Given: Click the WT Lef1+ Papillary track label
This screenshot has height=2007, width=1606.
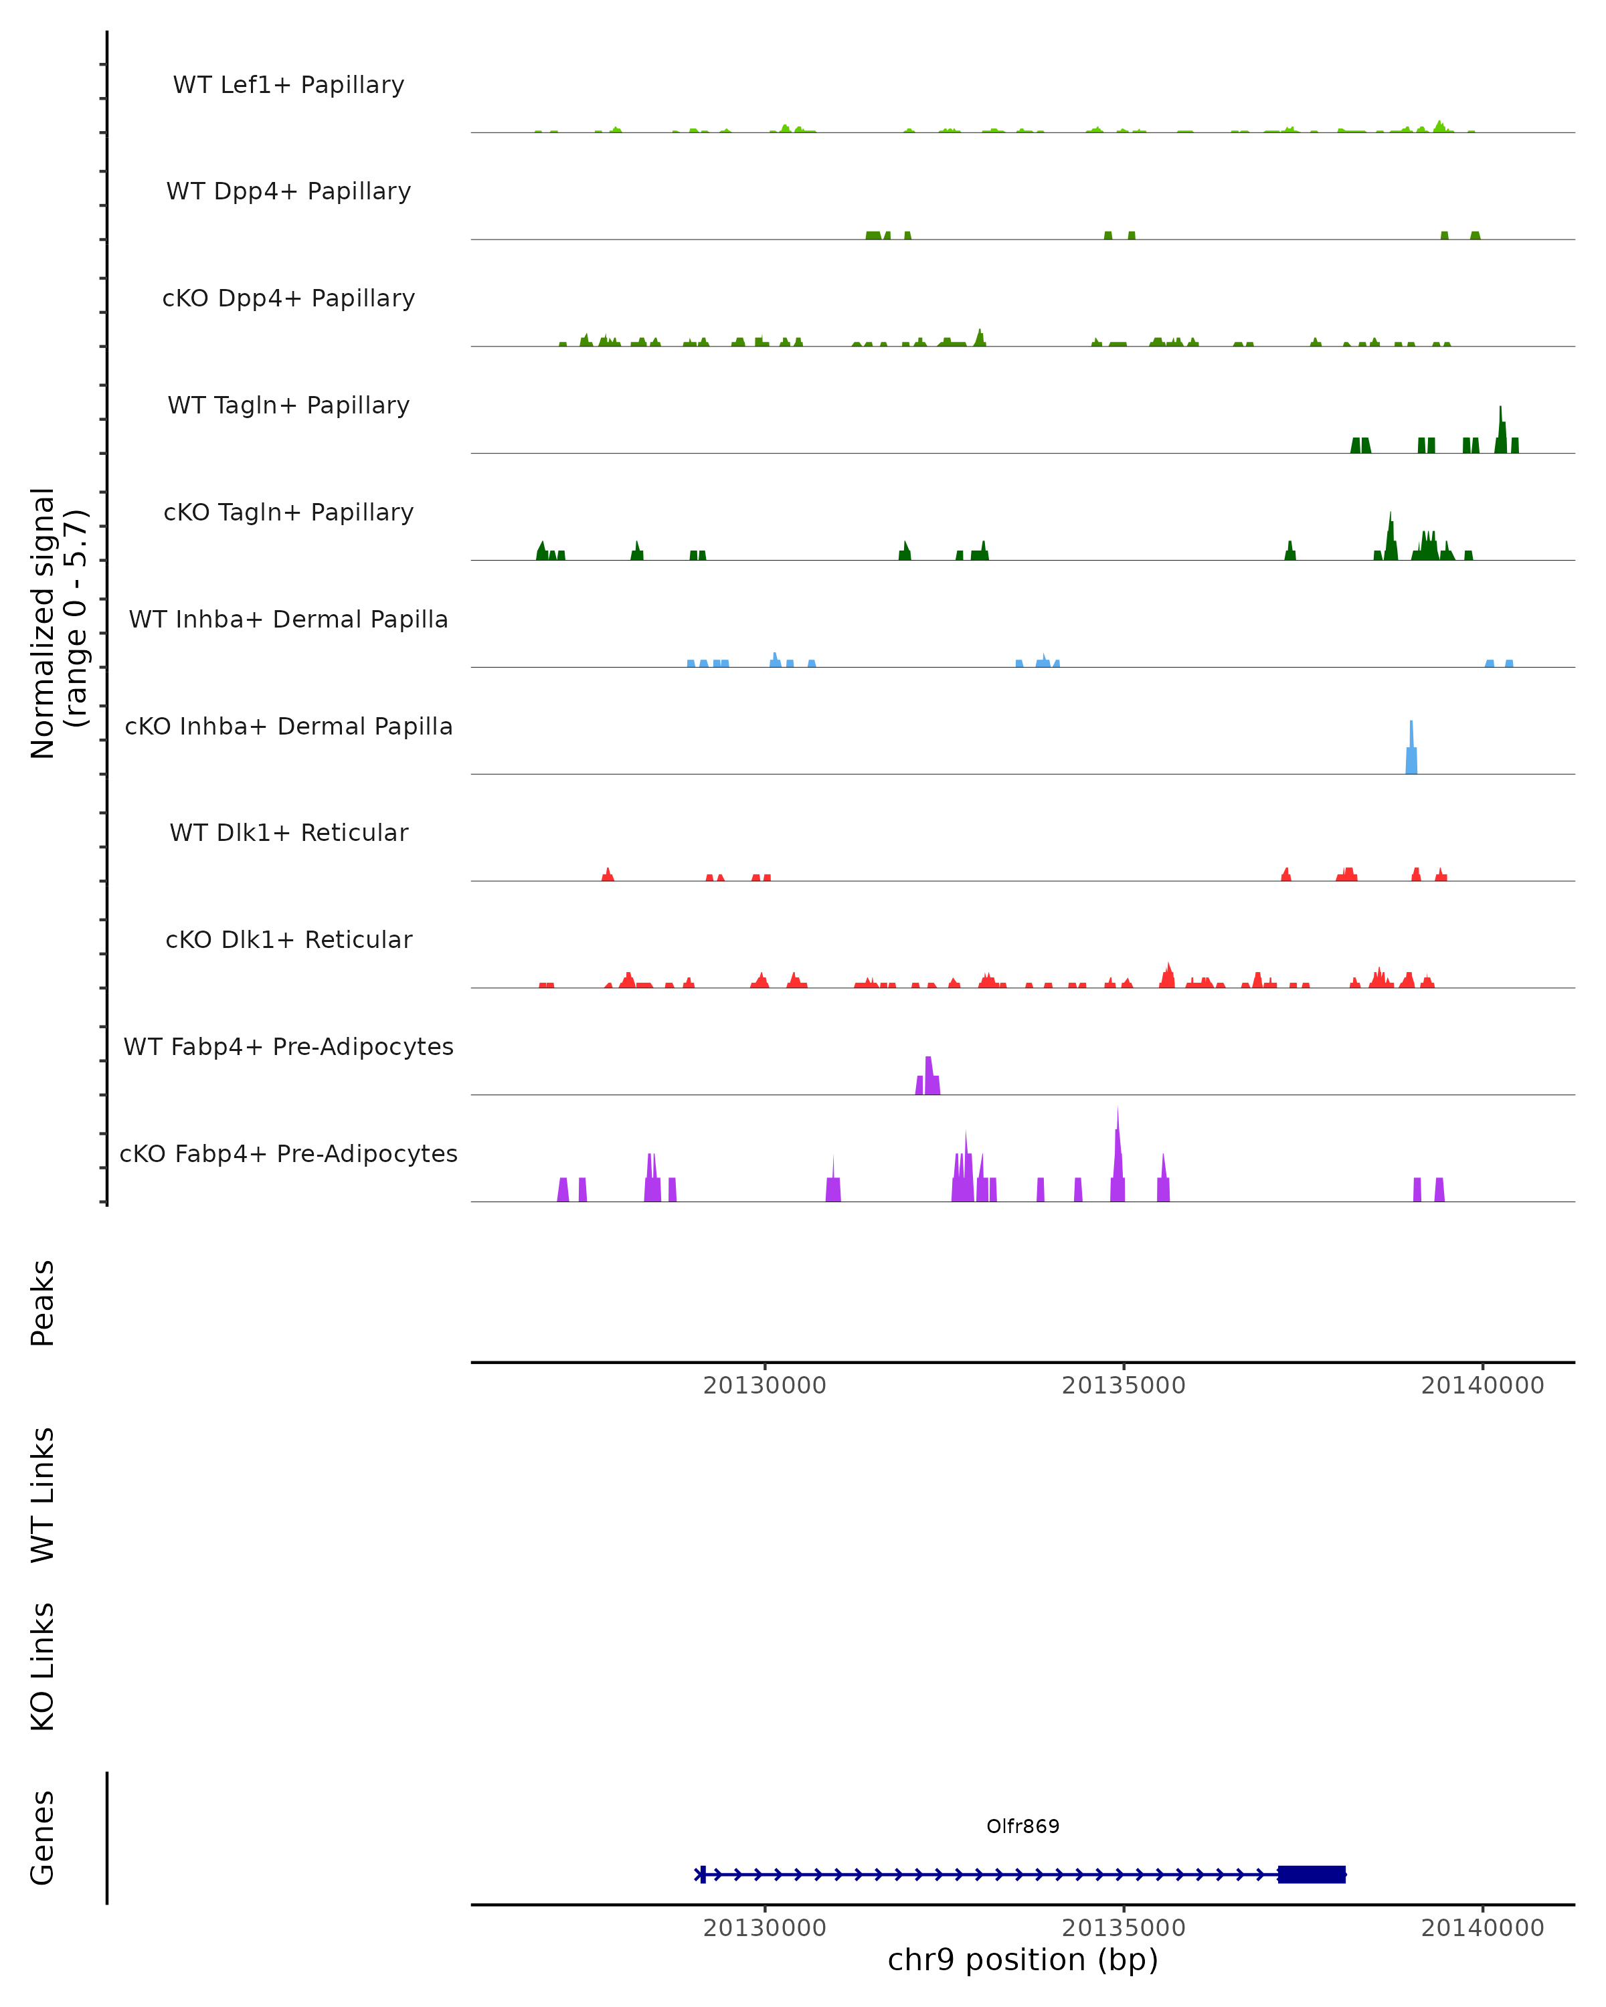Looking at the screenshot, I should point(288,85).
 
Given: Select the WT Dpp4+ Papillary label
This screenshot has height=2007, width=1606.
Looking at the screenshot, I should point(288,192).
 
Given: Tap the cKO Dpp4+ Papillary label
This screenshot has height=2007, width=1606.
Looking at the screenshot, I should point(288,299).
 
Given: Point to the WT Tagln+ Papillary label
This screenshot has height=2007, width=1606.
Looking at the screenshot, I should point(288,406).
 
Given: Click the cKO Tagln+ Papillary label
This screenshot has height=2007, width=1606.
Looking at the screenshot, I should point(288,513).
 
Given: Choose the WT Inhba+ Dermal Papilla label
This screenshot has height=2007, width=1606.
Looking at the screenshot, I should point(288,620).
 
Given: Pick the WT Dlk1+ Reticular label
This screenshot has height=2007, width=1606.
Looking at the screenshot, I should point(288,833).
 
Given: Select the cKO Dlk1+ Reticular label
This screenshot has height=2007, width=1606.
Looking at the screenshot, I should point(288,940).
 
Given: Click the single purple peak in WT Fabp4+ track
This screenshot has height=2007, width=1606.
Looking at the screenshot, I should point(928,1078).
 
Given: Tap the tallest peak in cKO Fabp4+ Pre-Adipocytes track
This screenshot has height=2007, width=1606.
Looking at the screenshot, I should point(1118,1154).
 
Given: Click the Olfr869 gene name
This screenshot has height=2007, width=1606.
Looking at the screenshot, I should point(1022,1826).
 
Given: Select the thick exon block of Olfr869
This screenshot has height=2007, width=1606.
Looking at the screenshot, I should point(1312,1874).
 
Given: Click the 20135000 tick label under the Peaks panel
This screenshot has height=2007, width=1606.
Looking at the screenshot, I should point(1124,1385).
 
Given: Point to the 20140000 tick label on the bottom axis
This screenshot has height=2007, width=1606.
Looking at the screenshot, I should point(1482,1928).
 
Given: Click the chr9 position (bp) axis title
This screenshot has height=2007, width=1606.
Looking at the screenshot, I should point(1022,1960).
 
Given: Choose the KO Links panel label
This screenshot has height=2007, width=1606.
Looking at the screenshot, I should point(43,1667).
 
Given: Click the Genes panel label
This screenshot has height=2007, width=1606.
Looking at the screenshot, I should point(43,1838).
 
